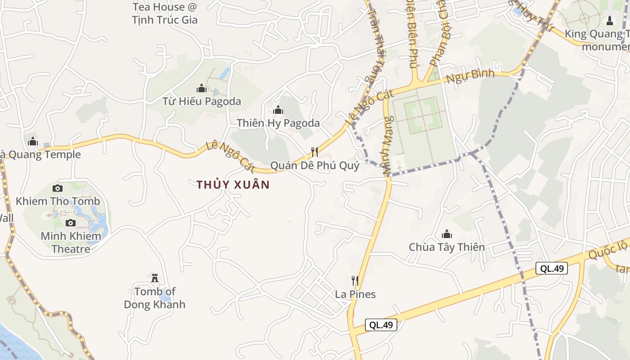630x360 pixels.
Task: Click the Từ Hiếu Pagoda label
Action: pyautogui.click(x=202, y=101)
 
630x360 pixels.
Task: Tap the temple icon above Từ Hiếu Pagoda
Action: pyautogui.click(x=202, y=88)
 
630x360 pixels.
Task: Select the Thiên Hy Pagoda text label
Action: pyautogui.click(x=278, y=123)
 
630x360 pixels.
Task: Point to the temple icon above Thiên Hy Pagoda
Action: pyautogui.click(x=278, y=110)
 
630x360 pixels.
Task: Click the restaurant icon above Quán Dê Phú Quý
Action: pyautogui.click(x=315, y=152)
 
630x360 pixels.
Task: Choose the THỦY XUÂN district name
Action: pyautogui.click(x=233, y=184)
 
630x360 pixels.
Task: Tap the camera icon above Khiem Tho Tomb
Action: pyautogui.click(x=58, y=188)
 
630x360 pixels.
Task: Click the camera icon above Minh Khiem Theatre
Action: pyautogui.click(x=71, y=223)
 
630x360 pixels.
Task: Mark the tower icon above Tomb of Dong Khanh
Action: pyautogui.click(x=155, y=278)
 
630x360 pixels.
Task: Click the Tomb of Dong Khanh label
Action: pyautogui.click(x=155, y=298)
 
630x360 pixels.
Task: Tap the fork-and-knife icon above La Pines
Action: pyautogui.click(x=355, y=281)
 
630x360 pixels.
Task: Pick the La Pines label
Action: pyautogui.click(x=355, y=294)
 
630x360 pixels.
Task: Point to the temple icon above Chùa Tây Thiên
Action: pyautogui.click(x=447, y=234)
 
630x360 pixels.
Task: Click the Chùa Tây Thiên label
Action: pyautogui.click(x=447, y=247)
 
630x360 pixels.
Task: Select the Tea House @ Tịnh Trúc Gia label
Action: pyautogui.click(x=165, y=13)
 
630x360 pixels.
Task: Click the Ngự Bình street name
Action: pyautogui.click(x=470, y=76)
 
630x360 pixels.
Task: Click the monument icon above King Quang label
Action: pyautogui.click(x=610, y=21)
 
